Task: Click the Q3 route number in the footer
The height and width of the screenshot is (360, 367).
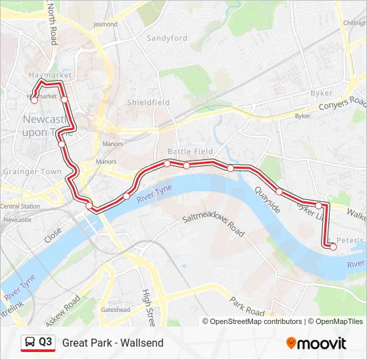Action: pos(45,343)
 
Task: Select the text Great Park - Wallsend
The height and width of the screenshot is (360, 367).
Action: pos(113,343)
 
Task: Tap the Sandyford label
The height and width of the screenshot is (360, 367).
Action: pos(167,39)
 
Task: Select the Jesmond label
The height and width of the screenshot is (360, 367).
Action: pos(105,24)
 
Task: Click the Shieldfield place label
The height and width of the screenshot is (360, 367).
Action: pos(148,103)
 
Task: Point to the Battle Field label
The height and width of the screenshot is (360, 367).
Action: pos(190,152)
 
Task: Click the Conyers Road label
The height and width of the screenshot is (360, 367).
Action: pos(343,105)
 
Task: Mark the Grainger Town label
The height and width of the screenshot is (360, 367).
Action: pos(32,171)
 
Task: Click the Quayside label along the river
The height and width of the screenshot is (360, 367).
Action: pos(267,199)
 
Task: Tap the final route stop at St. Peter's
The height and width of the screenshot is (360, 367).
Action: pos(333,247)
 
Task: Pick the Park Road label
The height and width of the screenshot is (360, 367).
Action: pos(248,307)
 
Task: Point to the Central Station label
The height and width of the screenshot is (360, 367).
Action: pos(20,207)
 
